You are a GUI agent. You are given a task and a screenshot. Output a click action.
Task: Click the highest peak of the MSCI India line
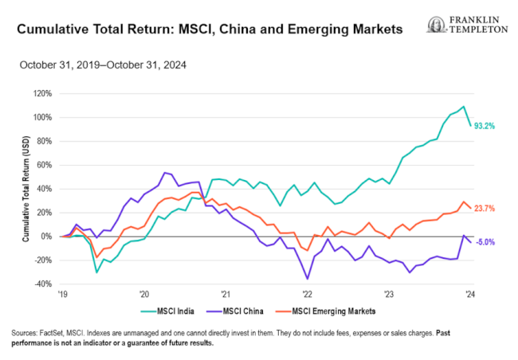(x=463, y=107)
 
